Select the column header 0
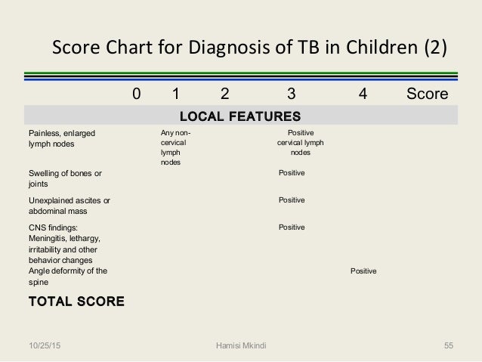pyautogui.click(x=136, y=94)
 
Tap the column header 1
pyautogui.click(x=175, y=94)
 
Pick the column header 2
pyautogui.click(x=224, y=94)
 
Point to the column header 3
pyautogui.click(x=292, y=94)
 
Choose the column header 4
pyautogui.click(x=363, y=94)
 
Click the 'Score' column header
pyautogui.click(x=427, y=94)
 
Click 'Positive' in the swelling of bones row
pyautogui.click(x=292, y=173)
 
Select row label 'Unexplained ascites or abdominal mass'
pyautogui.click(x=64, y=206)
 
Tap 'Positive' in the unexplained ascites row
pyautogui.click(x=292, y=200)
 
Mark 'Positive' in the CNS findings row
pyautogui.click(x=292, y=227)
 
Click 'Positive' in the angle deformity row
pyautogui.click(x=364, y=271)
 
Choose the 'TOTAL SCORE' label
pyautogui.click(x=76, y=302)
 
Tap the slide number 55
pyautogui.click(x=448, y=345)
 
